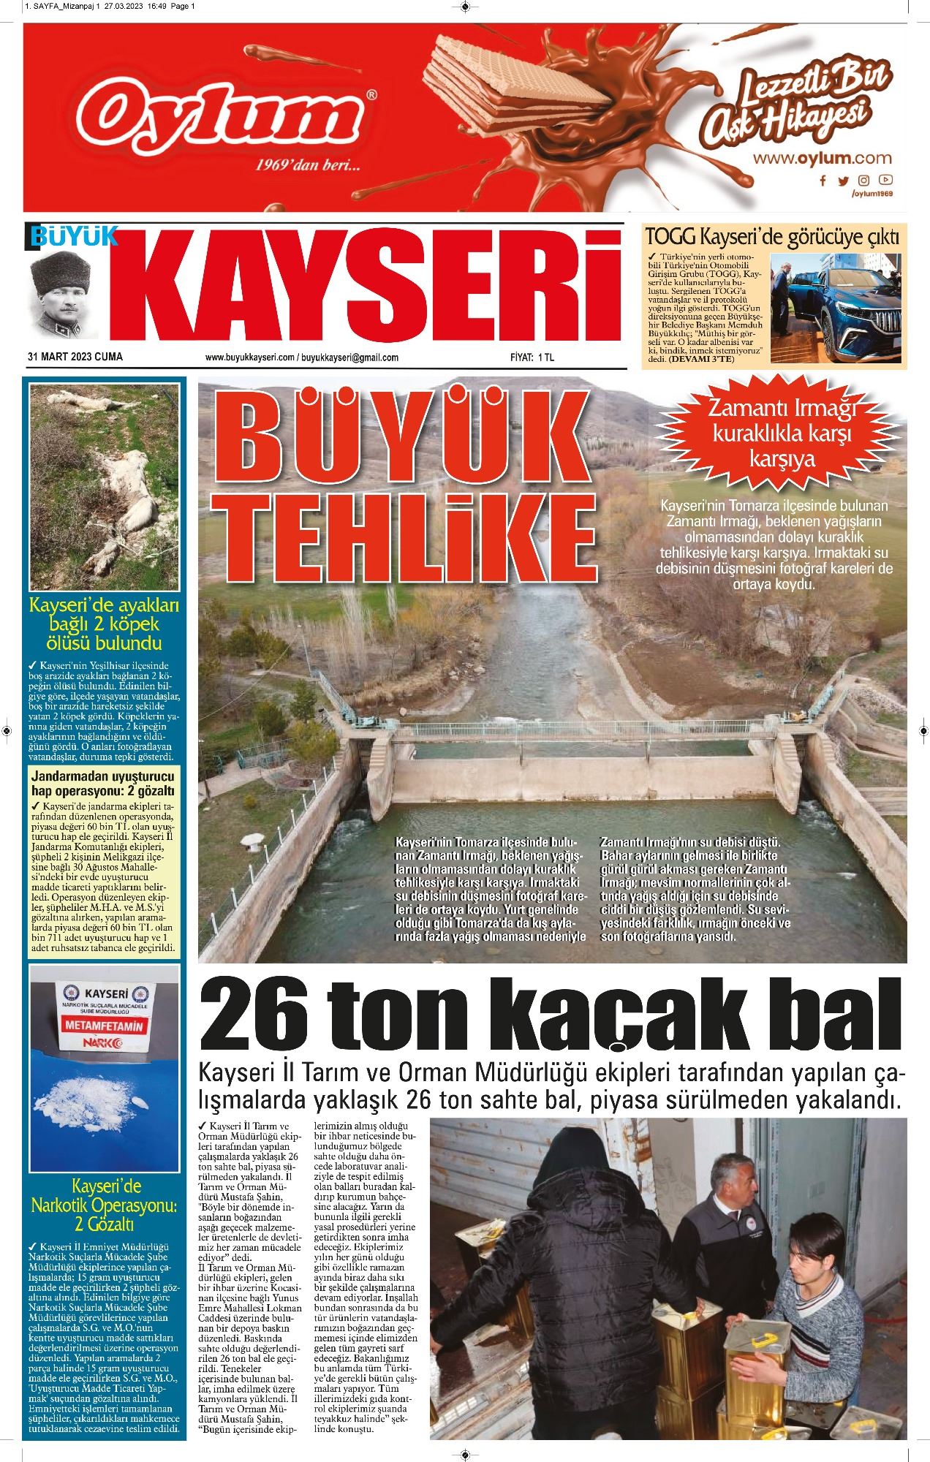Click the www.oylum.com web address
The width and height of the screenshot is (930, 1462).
[823, 157]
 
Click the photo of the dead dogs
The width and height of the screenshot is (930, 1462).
[102, 487]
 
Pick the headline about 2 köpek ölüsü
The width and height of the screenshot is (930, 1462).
[104, 625]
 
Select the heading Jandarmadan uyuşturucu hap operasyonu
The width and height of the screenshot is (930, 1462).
[102, 781]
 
